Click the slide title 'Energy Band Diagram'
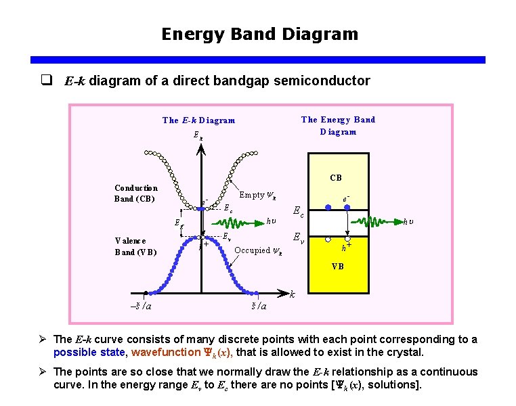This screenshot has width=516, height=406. pyautogui.click(x=259, y=34)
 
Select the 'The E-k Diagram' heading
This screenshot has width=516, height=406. pyautogui.click(x=198, y=120)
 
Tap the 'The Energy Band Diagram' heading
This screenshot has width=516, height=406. pyautogui.click(x=338, y=125)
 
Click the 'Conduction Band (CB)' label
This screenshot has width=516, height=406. pyautogui.click(x=136, y=194)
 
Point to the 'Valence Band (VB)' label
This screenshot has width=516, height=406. pyautogui.click(x=135, y=246)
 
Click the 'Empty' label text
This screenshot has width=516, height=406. pyautogui.click(x=252, y=195)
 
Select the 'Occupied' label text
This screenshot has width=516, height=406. pyautogui.click(x=252, y=250)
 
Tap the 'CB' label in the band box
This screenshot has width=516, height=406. pyautogui.click(x=336, y=179)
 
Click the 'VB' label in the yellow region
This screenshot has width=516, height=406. pyautogui.click(x=337, y=267)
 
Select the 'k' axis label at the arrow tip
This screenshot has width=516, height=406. pyautogui.click(x=293, y=295)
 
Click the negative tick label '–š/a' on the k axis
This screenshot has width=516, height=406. pyautogui.click(x=141, y=307)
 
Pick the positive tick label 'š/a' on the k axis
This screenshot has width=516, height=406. pyautogui.click(x=259, y=307)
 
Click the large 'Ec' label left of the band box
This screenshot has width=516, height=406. pyautogui.click(x=297, y=211)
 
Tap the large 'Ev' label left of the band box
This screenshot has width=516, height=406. pyautogui.click(x=297, y=238)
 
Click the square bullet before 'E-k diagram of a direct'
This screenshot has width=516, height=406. pyautogui.click(x=47, y=81)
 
